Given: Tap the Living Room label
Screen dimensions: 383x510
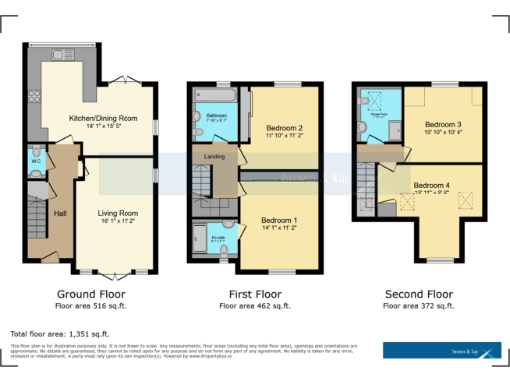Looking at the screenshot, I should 117,212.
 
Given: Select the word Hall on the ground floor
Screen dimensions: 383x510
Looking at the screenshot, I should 59,213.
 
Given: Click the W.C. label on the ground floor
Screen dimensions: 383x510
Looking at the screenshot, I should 36,160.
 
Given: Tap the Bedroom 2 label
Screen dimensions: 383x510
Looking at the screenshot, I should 284,129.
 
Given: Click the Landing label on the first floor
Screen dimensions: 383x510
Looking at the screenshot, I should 213,156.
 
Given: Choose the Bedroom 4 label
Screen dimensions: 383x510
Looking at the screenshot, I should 433,185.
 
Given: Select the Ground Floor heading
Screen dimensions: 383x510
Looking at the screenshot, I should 90,296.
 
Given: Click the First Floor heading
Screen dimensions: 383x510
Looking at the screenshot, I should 255,296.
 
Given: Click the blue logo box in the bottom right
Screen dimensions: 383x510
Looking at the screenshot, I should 443,351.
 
